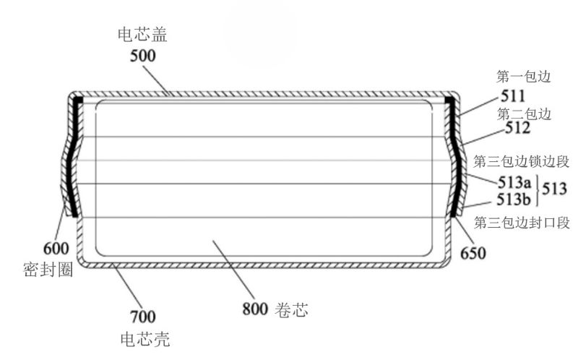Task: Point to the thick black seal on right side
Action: (455, 159)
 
